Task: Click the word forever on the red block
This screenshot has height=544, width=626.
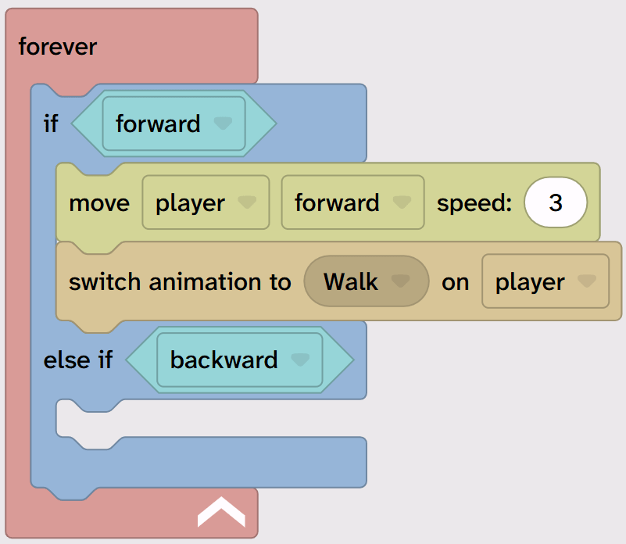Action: click(x=58, y=47)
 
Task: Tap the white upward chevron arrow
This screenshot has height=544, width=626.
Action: click(x=221, y=512)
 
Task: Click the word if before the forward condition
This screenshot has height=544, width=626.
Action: click(x=51, y=123)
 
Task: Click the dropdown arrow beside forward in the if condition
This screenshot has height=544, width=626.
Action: click(x=224, y=123)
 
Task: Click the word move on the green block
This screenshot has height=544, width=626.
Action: click(x=99, y=203)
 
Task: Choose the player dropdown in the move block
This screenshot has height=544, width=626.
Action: click(x=205, y=203)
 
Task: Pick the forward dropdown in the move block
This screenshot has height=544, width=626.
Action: click(x=352, y=203)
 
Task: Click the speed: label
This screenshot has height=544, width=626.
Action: click(x=474, y=203)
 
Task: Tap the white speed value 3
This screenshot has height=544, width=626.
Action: click(x=556, y=203)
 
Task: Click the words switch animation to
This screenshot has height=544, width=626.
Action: click(x=180, y=281)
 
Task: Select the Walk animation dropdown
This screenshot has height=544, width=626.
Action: click(x=366, y=281)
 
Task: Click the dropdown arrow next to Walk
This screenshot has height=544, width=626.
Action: click(x=401, y=281)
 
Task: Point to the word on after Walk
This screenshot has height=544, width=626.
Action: click(x=455, y=281)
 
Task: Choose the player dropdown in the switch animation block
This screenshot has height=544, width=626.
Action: click(x=545, y=281)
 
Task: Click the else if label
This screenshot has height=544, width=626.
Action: click(x=78, y=360)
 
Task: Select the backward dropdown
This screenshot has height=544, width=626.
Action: click(x=239, y=360)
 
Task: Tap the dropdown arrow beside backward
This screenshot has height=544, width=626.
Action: click(x=300, y=360)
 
